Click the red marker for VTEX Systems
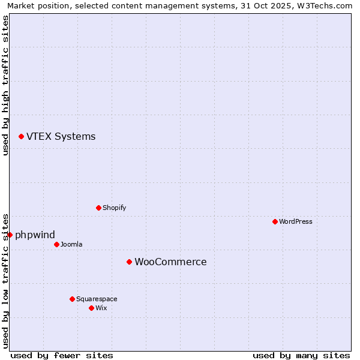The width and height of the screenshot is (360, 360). [x=21, y=137]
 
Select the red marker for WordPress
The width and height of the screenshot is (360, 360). [x=275, y=221]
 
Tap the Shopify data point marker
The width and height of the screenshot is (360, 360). [x=98, y=208]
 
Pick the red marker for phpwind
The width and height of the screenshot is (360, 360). [x=10, y=235]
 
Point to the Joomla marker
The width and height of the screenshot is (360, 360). [x=56, y=244]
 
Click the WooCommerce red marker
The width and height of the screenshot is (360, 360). [x=129, y=262]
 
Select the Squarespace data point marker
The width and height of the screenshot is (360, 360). [x=72, y=299]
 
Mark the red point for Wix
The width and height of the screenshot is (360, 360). [x=91, y=308]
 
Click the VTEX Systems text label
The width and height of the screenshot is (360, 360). [x=61, y=137]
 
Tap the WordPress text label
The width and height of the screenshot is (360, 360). [x=296, y=221]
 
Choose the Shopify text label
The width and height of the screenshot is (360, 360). [x=114, y=208]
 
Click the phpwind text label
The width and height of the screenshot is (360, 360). [x=35, y=235]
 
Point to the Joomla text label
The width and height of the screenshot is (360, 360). [x=72, y=244]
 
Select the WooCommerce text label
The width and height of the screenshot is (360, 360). [x=170, y=262]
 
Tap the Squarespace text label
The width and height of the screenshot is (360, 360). [x=97, y=299]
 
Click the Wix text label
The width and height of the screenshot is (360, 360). [x=101, y=308]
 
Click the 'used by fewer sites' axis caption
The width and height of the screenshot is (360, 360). [x=62, y=355]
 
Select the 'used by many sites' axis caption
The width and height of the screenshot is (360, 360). [x=301, y=355]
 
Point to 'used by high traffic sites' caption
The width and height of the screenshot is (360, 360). [x=5, y=85]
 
